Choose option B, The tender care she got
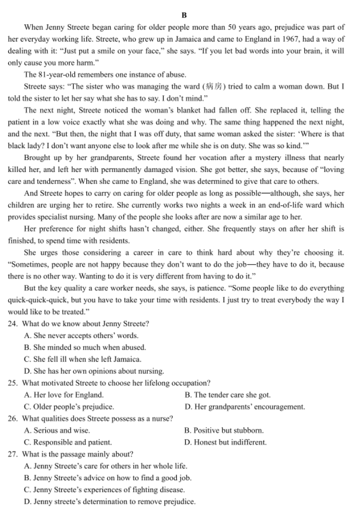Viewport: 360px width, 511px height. coord(227,395)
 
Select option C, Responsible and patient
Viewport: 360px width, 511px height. coord(68,442)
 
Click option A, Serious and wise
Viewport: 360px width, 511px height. coord(57,430)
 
